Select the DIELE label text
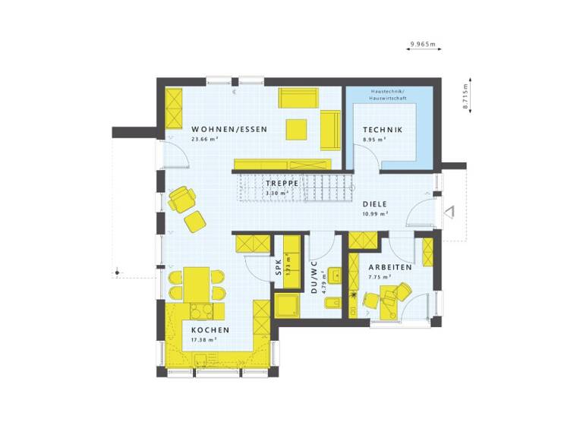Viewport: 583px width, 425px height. click(375, 203)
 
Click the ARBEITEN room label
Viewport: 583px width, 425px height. click(390, 268)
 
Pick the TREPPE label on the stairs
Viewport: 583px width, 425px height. click(280, 184)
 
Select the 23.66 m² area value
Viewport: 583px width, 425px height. click(205, 140)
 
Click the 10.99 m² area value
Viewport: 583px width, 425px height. click(375, 213)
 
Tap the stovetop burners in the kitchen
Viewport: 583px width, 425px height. click(201, 310)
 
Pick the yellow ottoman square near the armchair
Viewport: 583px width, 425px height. click(196, 222)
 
